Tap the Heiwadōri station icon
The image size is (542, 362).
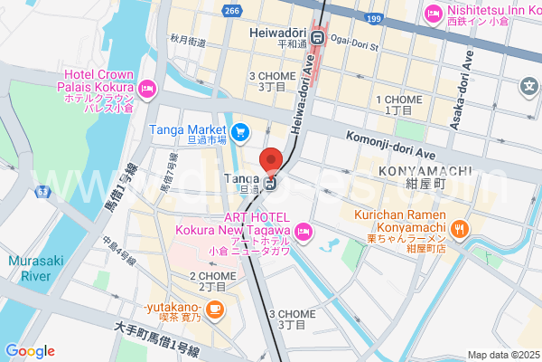point(318,37)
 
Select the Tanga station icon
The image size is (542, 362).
point(271,185)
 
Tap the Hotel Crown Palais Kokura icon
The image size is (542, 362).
point(147,89)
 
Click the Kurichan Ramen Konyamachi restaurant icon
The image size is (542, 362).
point(460,229)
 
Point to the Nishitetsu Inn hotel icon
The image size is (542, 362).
point(431,13)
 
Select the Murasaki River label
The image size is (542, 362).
point(34,267)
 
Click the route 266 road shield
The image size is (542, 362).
point(232,11)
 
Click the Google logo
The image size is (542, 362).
point(30,351)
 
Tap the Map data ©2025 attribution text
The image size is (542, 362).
point(502,355)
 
